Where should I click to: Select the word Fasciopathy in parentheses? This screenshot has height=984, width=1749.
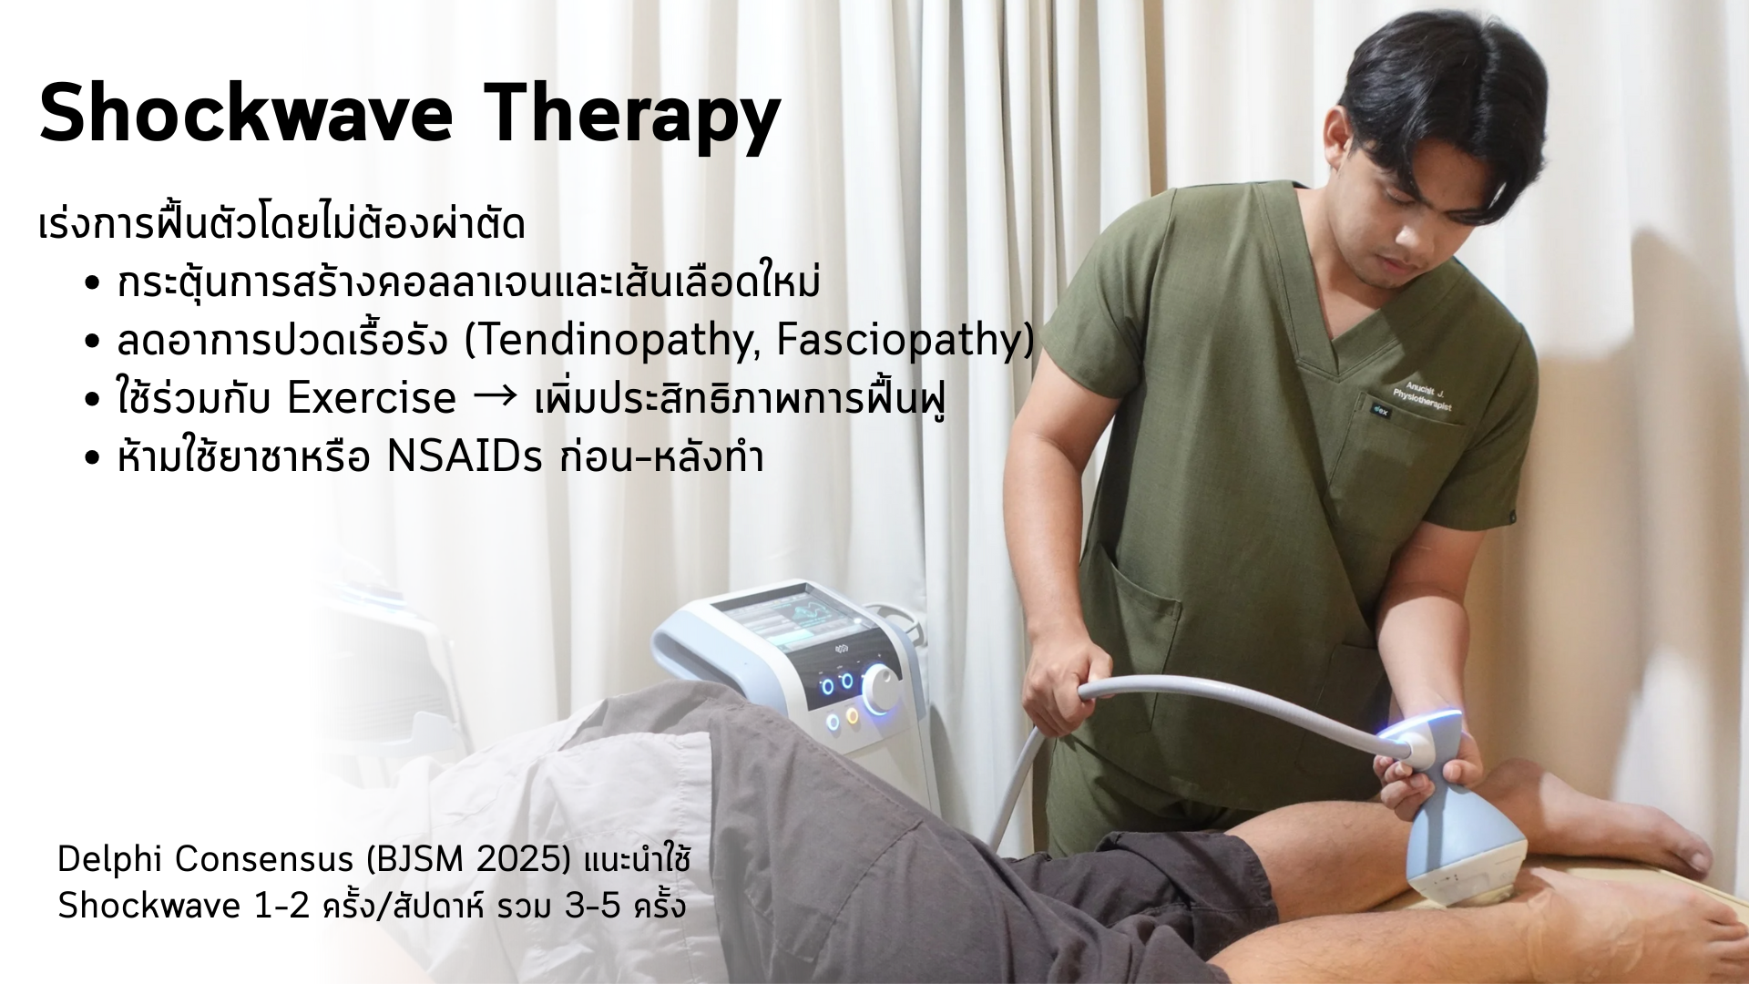pos(899,341)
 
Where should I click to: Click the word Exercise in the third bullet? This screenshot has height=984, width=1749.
pos(371,398)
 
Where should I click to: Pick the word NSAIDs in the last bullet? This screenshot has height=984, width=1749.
pos(465,456)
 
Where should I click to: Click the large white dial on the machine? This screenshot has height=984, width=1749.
pos(880,689)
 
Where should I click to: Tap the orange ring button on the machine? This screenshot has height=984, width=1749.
pos(853,716)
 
